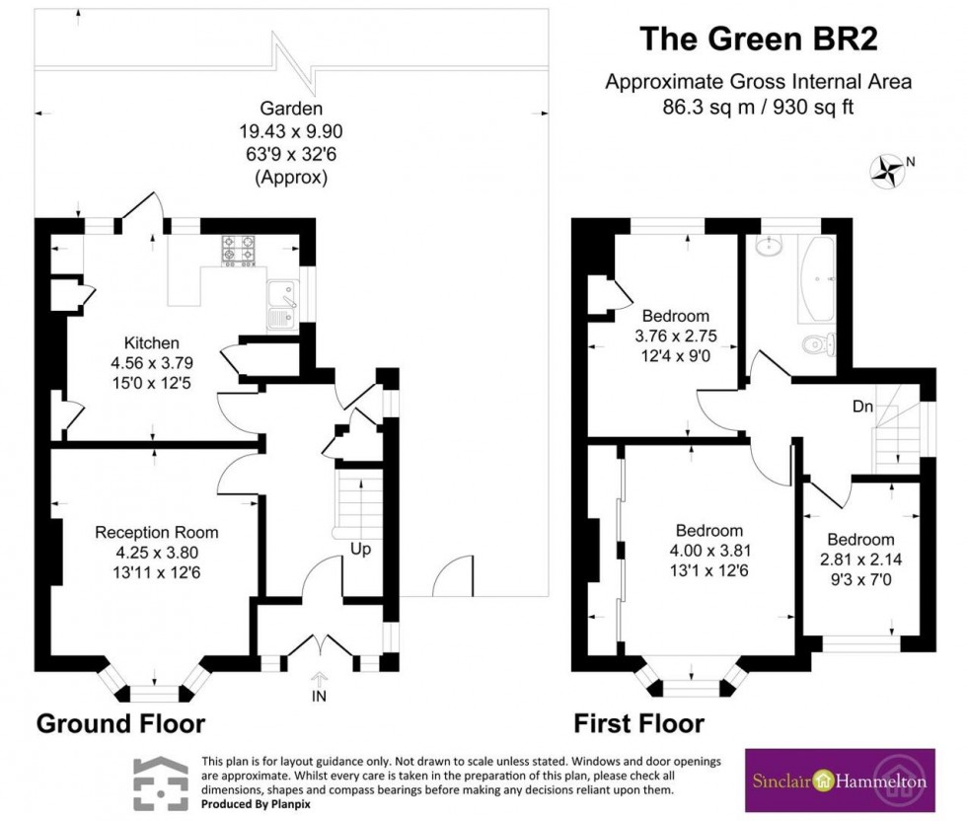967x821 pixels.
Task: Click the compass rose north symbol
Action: tap(887, 171)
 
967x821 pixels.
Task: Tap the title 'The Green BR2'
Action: tap(758, 38)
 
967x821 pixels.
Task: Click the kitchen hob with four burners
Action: tap(240, 250)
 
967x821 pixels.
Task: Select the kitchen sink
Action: tap(281, 306)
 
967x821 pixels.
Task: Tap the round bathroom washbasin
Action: tap(769, 246)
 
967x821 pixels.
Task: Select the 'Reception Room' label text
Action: tap(156, 532)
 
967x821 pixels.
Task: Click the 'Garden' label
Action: tap(291, 109)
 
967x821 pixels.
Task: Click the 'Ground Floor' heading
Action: tap(120, 723)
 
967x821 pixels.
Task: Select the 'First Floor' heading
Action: tap(639, 723)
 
